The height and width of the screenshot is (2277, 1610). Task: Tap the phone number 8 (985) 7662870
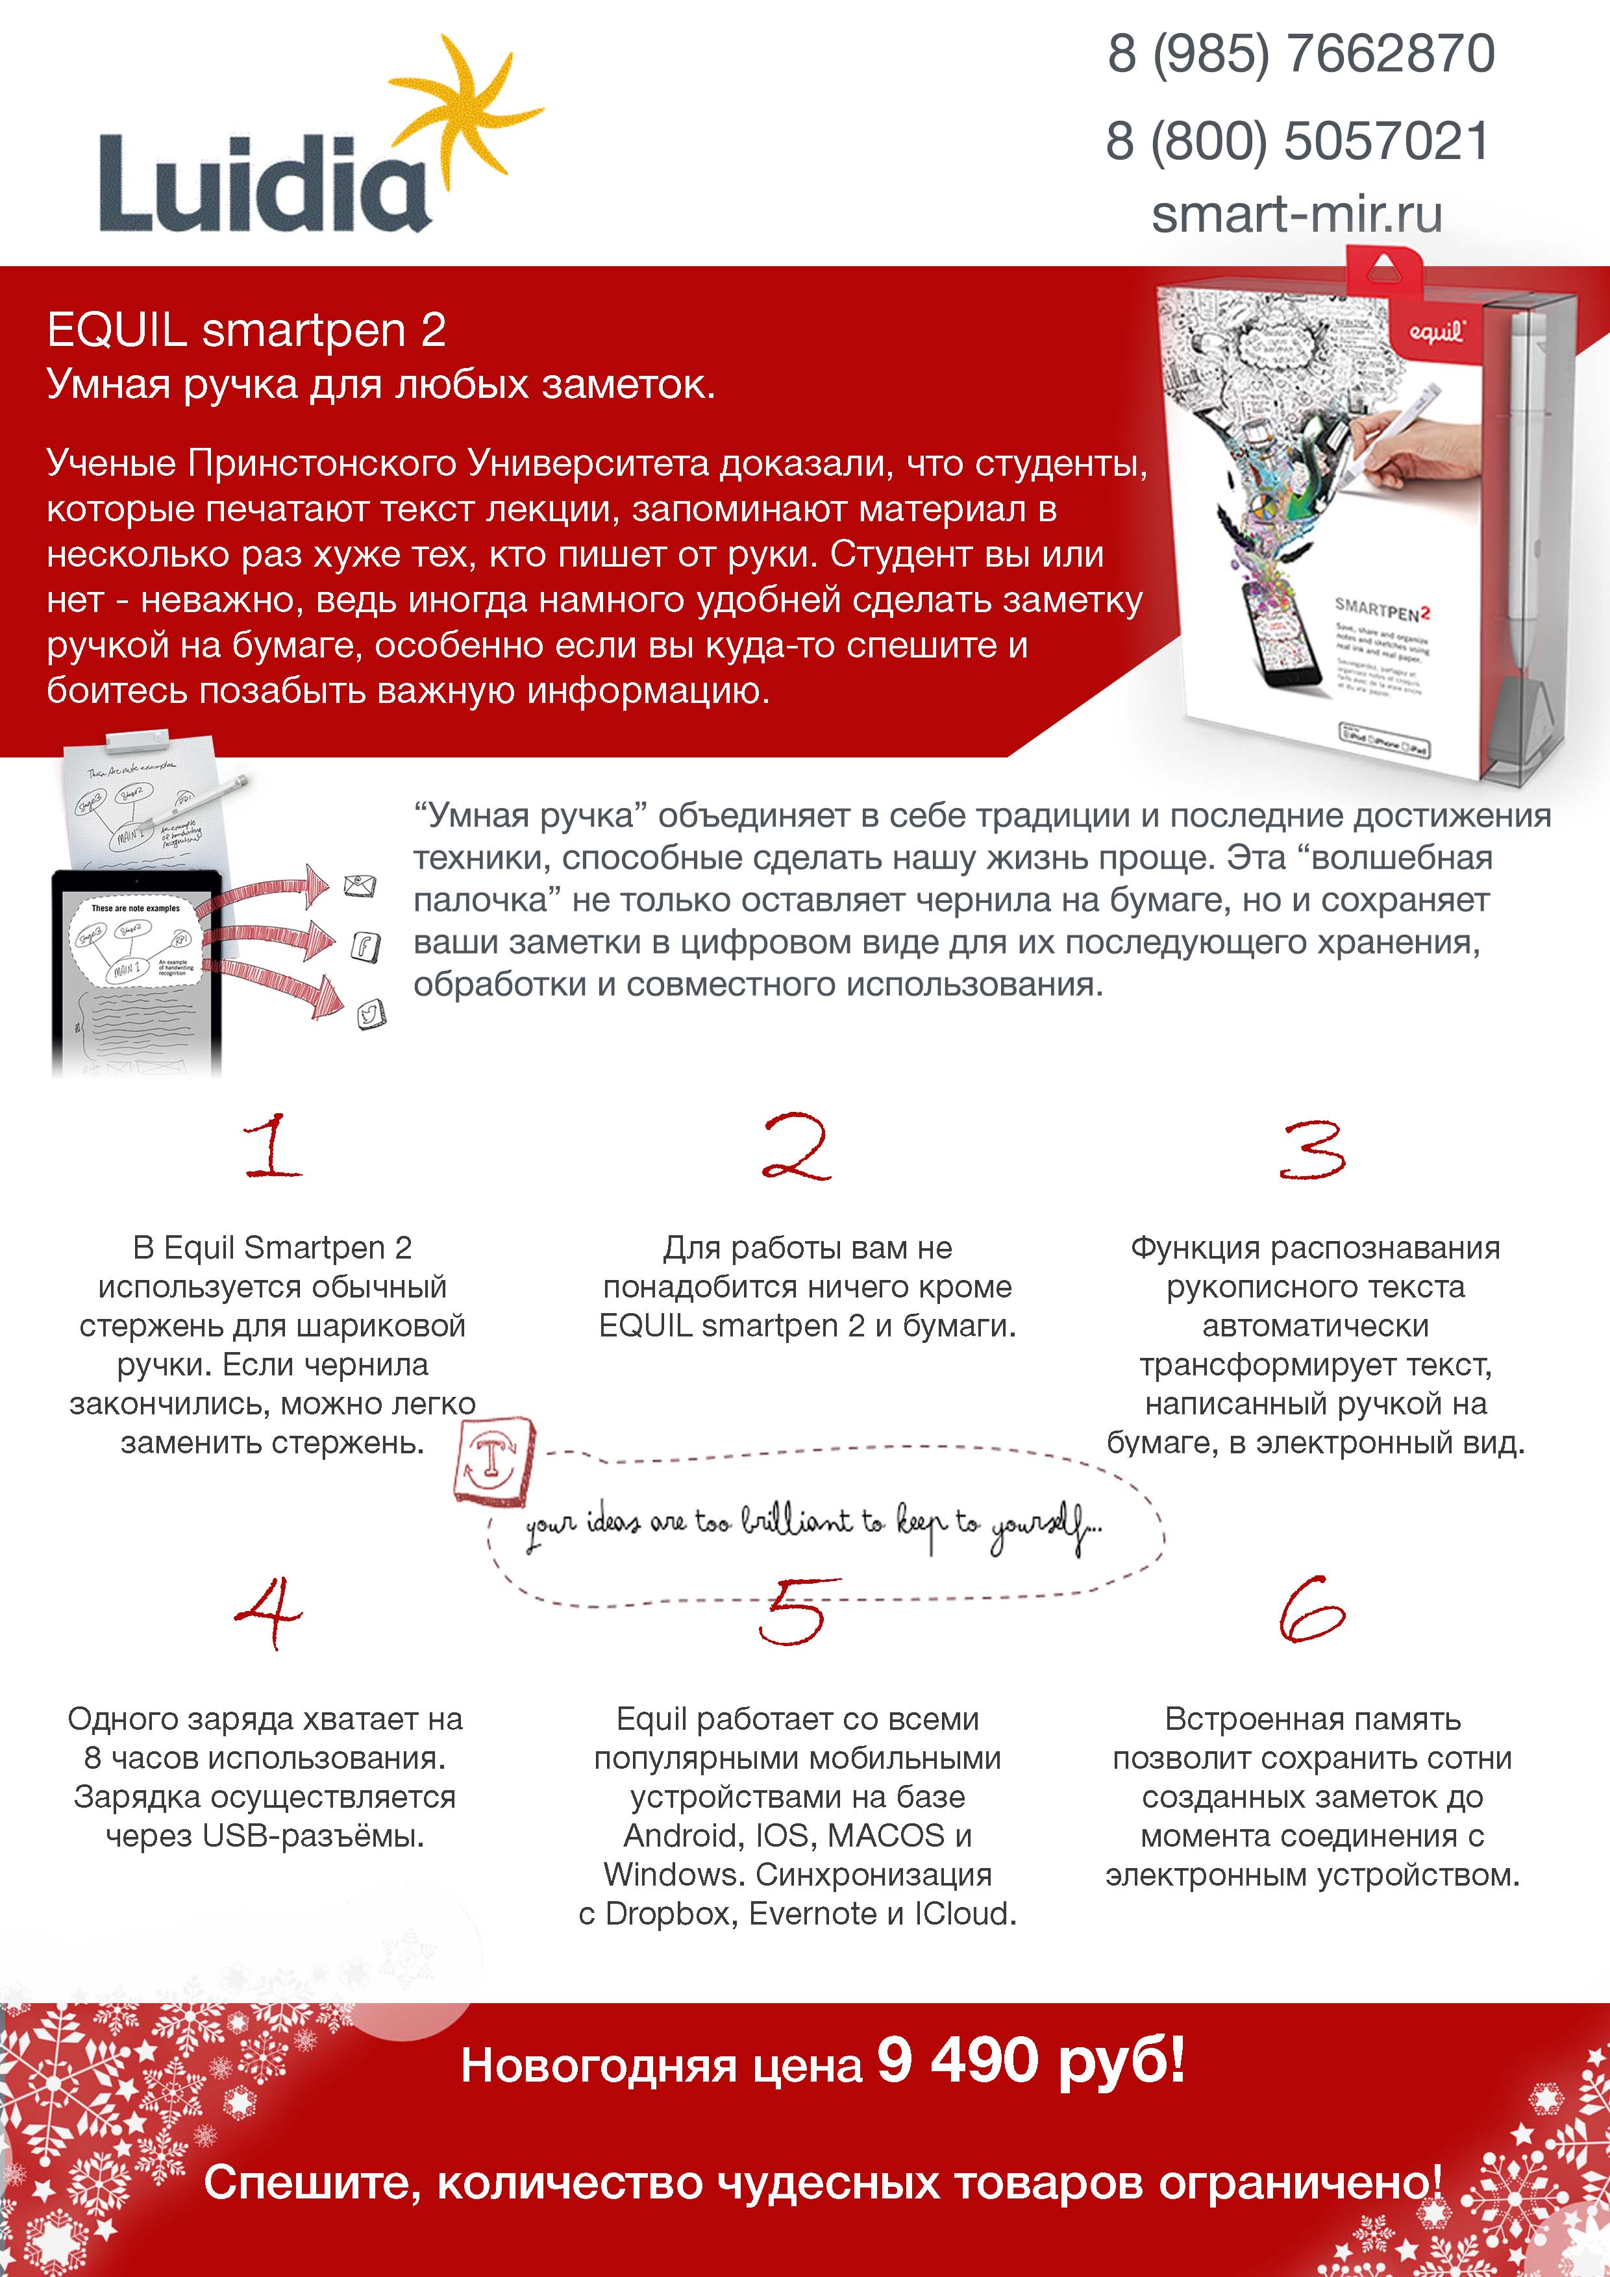(1300, 54)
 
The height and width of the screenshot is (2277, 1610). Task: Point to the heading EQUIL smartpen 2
(246, 330)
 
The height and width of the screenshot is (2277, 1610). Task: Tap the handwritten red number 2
(795, 1148)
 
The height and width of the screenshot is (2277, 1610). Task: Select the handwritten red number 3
(1313, 1150)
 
